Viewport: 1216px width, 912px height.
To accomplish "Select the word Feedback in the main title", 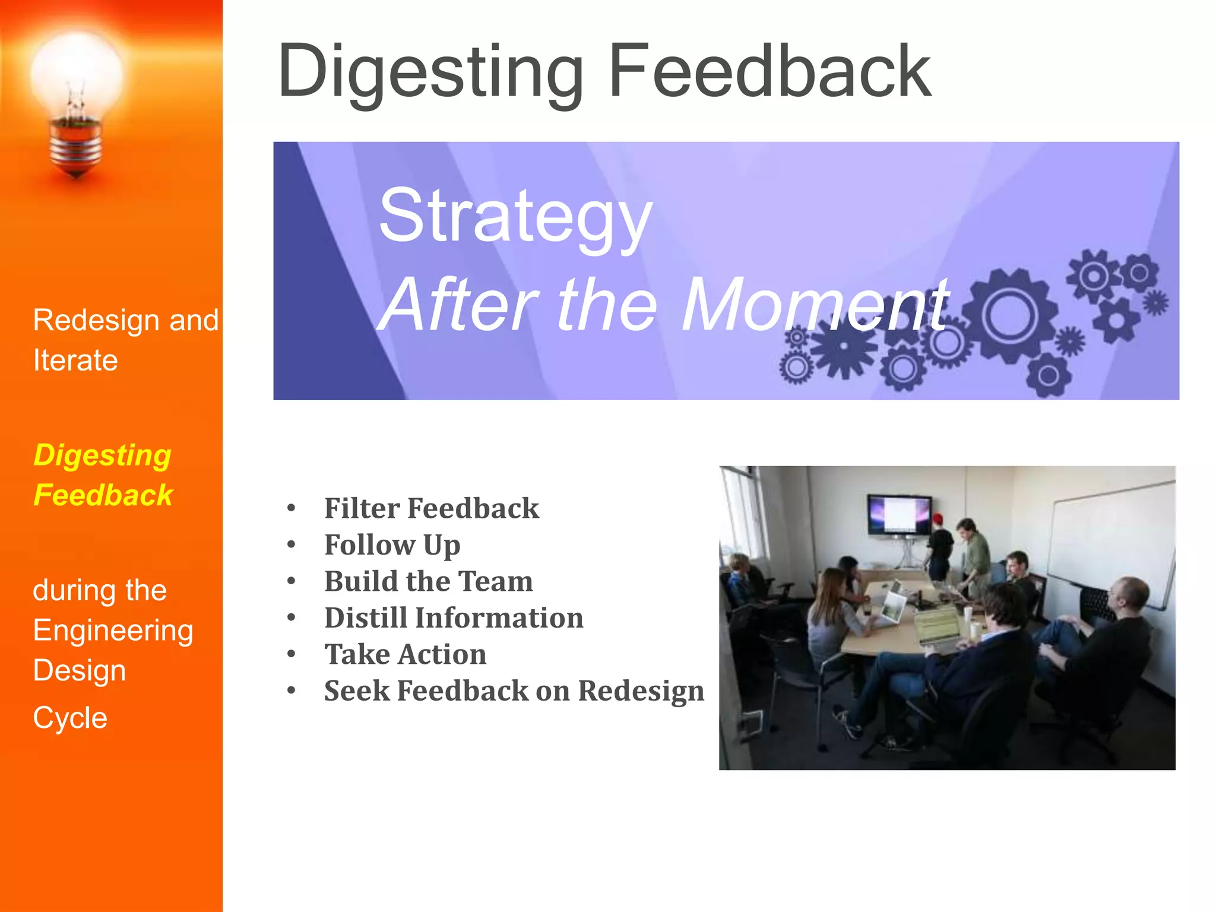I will (769, 71).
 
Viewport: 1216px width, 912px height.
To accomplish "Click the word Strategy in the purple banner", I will (515, 216).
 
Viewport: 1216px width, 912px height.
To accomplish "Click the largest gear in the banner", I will (1009, 315).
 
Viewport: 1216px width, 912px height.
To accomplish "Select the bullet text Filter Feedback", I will (432, 508).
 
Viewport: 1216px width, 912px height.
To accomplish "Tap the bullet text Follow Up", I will (392, 545).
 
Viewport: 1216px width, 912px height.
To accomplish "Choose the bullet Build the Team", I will (429, 581).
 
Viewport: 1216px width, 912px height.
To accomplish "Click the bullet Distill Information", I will (454, 617).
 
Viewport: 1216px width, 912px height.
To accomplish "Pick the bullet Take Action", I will (406, 654).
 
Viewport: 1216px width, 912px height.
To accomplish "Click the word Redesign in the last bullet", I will (641, 691).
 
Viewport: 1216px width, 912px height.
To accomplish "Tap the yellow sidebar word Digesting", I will (102, 455).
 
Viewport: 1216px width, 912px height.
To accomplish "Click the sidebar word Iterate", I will (75, 360).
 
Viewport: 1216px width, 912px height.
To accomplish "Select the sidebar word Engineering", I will (113, 631).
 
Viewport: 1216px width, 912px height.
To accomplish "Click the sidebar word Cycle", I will (70, 718).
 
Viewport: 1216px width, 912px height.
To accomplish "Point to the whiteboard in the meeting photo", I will (1110, 546).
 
